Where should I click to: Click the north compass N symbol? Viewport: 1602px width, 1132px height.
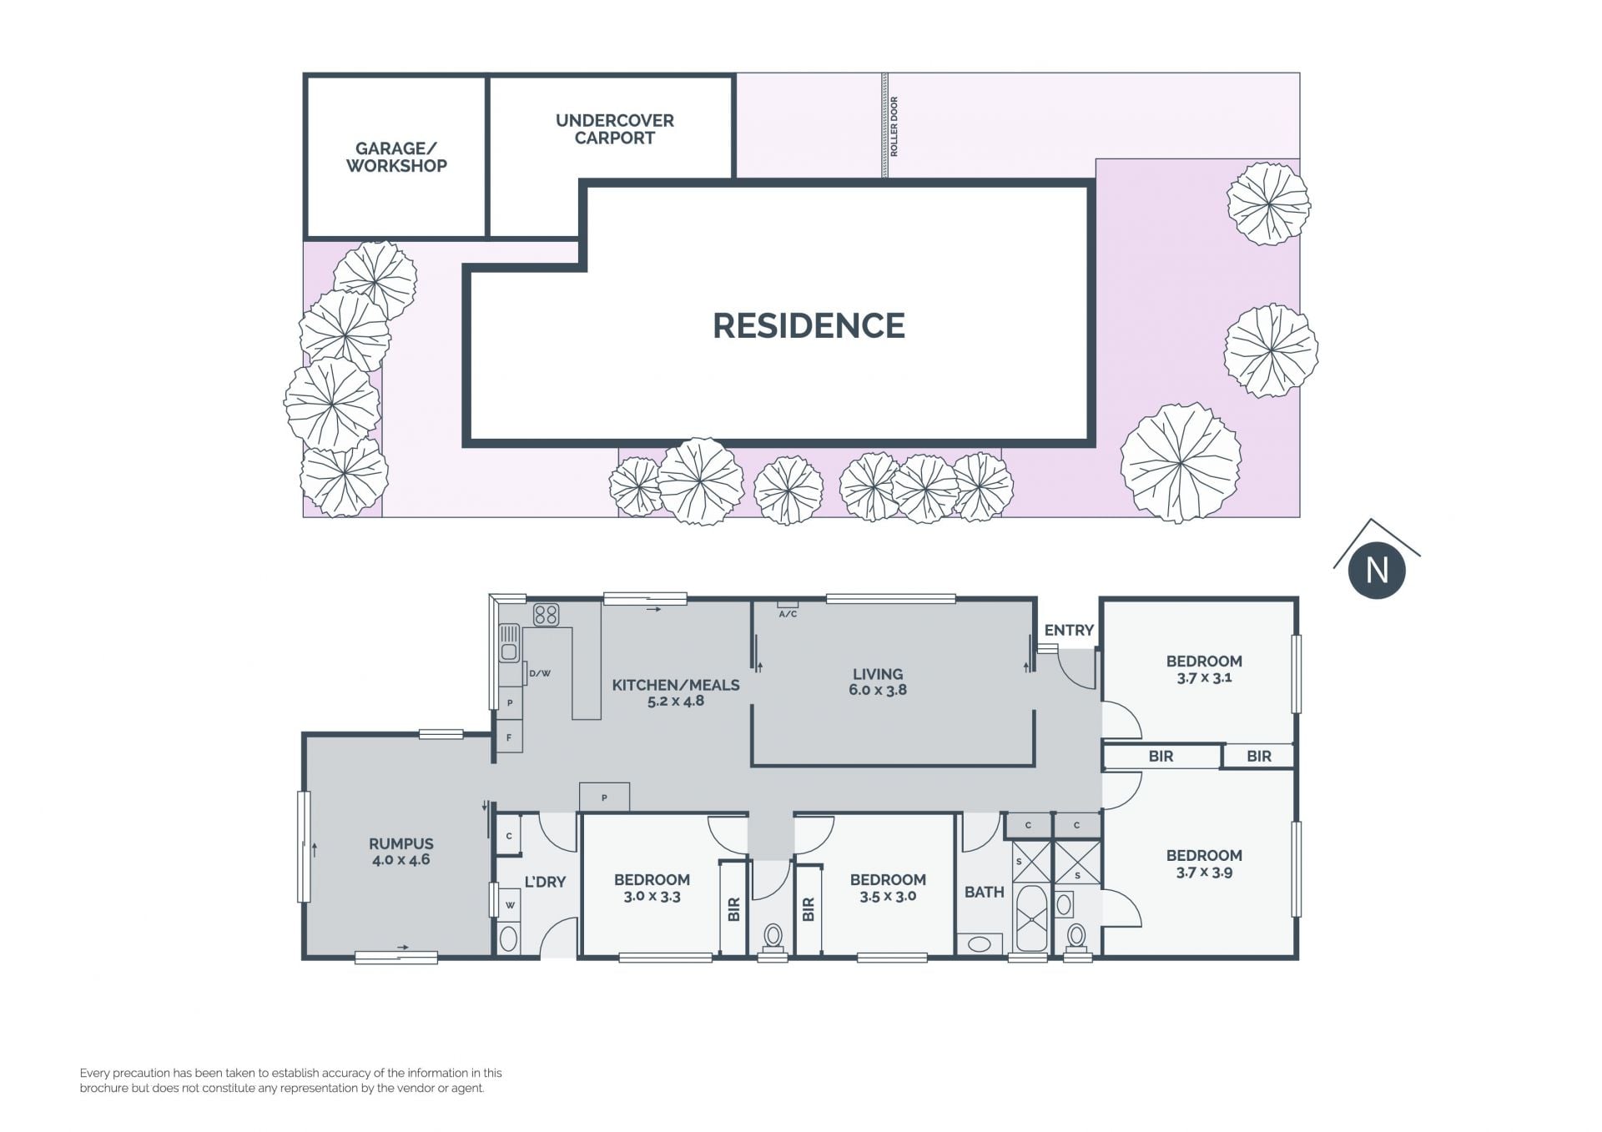pyautogui.click(x=1377, y=571)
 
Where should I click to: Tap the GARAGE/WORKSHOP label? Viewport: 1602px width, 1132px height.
pyautogui.click(x=396, y=157)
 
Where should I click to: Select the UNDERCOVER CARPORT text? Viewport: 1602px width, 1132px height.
pyautogui.click(x=615, y=129)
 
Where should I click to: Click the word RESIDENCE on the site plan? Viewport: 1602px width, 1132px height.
pyautogui.click(x=809, y=325)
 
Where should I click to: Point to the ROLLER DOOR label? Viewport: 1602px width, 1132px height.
pyautogui.click(x=894, y=126)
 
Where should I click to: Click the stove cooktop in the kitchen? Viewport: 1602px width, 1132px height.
pyautogui.click(x=546, y=615)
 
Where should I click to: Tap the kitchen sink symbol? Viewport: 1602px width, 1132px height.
pyautogui.click(x=509, y=644)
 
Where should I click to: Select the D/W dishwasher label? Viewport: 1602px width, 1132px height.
pyautogui.click(x=540, y=673)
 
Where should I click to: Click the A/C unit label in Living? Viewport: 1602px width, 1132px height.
pyautogui.click(x=788, y=614)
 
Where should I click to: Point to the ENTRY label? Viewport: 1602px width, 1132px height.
pyautogui.click(x=1069, y=631)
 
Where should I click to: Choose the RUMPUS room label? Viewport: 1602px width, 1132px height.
pyautogui.click(x=401, y=843)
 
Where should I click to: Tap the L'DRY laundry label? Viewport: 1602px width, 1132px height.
pyautogui.click(x=545, y=882)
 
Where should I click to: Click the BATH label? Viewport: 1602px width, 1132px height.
pyautogui.click(x=985, y=892)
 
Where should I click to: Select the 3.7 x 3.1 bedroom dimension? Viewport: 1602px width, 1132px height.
pyautogui.click(x=1204, y=678)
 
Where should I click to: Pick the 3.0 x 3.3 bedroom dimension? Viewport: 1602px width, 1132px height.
pyautogui.click(x=652, y=897)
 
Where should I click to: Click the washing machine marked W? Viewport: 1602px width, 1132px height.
pyautogui.click(x=510, y=904)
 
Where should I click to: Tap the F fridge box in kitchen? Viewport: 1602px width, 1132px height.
pyautogui.click(x=509, y=737)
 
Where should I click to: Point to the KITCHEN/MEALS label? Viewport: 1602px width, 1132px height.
pyautogui.click(x=676, y=685)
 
